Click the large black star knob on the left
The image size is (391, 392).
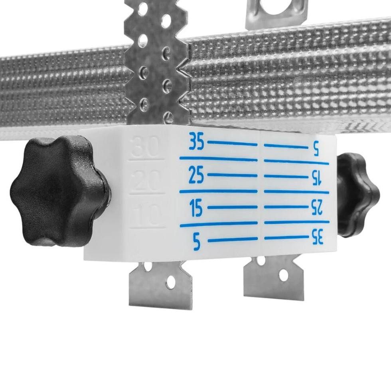click(59, 192)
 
